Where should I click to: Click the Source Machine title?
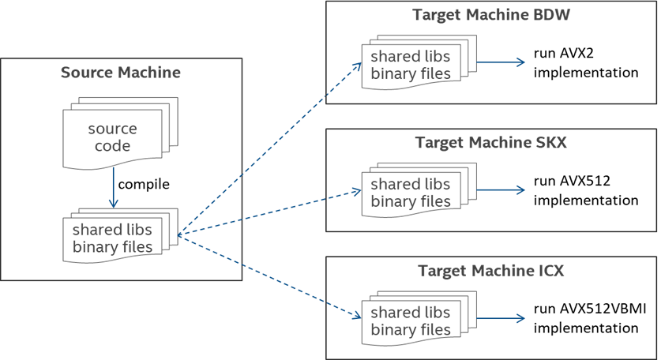[120, 73]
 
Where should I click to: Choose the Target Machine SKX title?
[490, 143]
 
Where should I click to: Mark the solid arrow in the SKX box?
[501, 190]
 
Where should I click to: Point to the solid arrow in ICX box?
[501, 318]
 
